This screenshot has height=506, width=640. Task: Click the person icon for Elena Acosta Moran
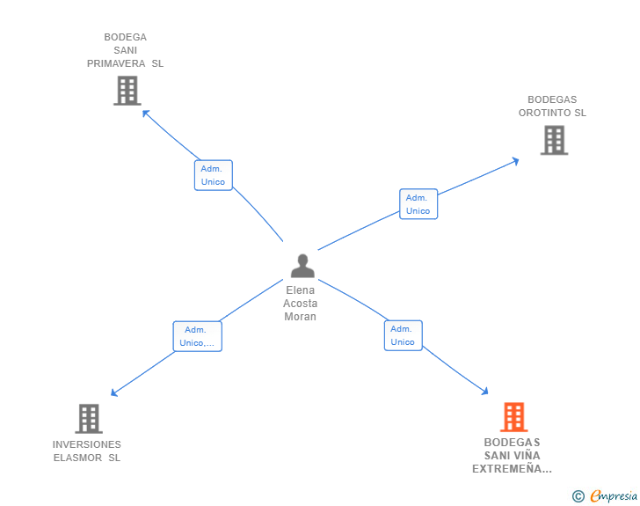coord(302,266)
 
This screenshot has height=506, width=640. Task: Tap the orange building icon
coord(513,417)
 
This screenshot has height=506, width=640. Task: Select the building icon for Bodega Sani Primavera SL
coord(127,90)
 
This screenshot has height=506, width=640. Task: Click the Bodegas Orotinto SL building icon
coord(554,140)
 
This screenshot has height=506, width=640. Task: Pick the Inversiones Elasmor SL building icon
coord(89,419)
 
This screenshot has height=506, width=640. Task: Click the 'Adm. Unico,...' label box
coord(197,336)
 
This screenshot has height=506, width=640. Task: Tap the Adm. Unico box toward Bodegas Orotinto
coord(418,204)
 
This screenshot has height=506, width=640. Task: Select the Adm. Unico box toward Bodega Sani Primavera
coord(213,175)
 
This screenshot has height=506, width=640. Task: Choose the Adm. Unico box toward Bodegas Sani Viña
coord(403,335)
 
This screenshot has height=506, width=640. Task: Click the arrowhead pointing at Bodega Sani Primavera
coord(146,113)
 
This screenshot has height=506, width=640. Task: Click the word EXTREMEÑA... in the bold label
coord(512,469)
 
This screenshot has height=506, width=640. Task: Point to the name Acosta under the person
coord(301,304)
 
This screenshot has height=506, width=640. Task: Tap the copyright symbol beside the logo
coord(578,496)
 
